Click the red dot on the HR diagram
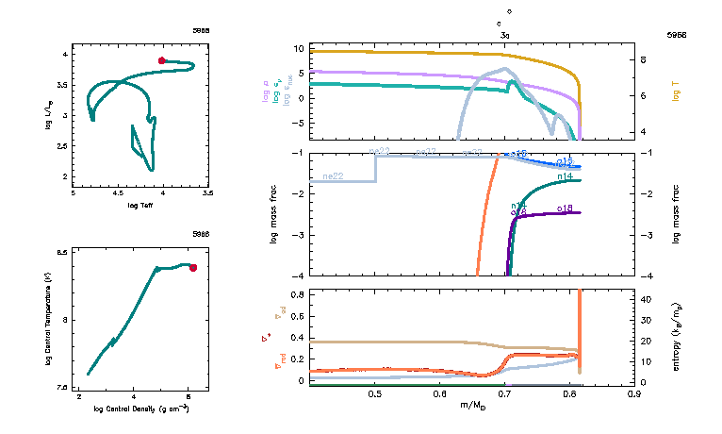coord(162,60)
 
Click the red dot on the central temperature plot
coord(193,267)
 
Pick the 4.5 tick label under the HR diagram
coord(118,192)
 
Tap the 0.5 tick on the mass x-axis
coord(375,394)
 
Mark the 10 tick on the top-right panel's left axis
coord(297,48)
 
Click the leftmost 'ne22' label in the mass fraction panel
coord(333,175)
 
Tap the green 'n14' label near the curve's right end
coord(566,175)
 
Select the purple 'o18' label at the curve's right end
coord(566,208)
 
